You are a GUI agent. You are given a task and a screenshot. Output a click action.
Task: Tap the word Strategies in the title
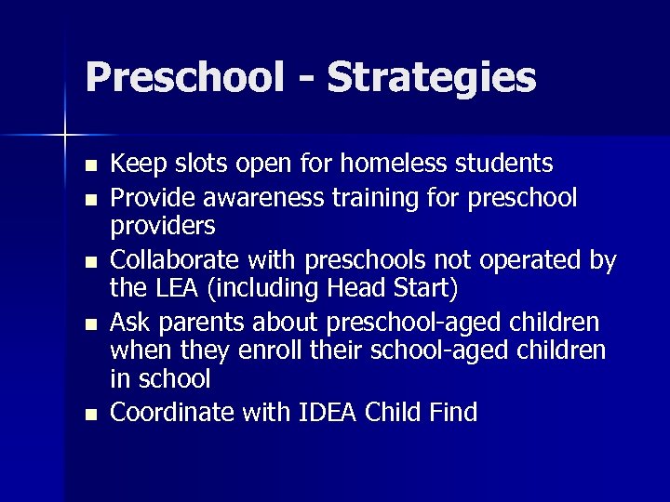pos(432,79)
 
